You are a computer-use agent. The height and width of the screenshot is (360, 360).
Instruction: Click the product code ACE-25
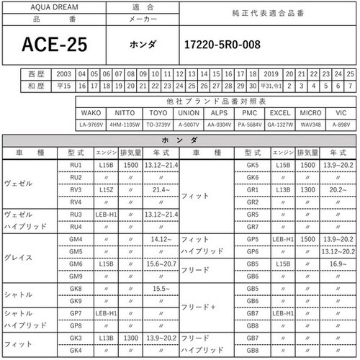pyautogui.click(x=55, y=44)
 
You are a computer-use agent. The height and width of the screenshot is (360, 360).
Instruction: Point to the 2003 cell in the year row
pyautogui.click(x=63, y=73)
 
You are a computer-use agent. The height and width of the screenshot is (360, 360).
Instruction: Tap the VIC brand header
pyautogui.click(x=341, y=114)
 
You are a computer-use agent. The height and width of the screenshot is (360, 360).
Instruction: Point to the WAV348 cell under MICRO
pyautogui.click(x=310, y=125)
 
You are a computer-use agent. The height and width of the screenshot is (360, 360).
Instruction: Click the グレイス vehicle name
pyautogui.click(x=18, y=256)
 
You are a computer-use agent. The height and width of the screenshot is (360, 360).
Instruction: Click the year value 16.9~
pyautogui.click(x=338, y=264)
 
